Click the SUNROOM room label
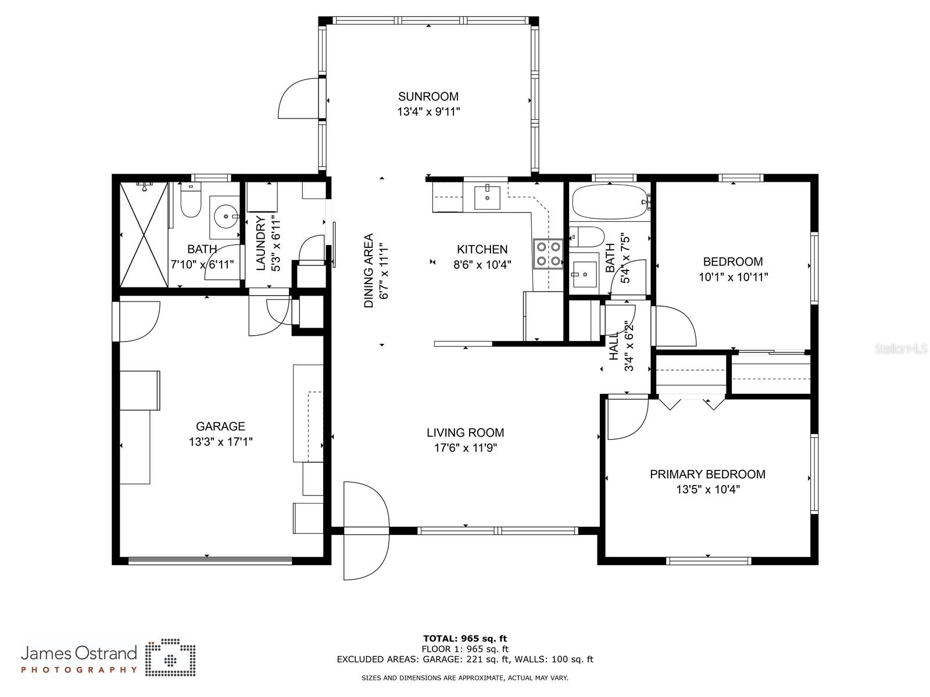(428, 96)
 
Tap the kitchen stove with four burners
(548, 254)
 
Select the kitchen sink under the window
(487, 197)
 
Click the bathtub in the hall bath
(609, 202)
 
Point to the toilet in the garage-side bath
(190, 203)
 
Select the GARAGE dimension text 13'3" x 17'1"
(220, 442)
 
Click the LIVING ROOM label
(465, 432)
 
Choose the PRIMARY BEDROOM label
(707, 474)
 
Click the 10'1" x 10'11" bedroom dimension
(733, 277)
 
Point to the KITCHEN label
(482, 249)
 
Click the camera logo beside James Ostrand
(170, 658)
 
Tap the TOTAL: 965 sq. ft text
(464, 638)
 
